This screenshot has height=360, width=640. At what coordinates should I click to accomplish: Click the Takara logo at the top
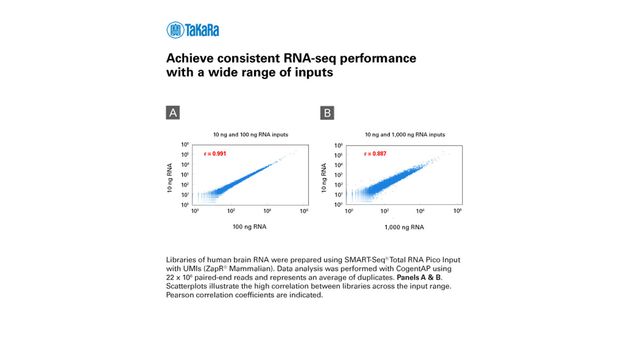[x=193, y=30]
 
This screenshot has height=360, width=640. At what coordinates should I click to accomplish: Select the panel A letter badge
[x=173, y=113]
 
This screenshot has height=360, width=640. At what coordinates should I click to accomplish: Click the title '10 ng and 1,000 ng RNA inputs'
[x=393, y=135]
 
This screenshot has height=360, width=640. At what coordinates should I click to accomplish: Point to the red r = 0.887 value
[x=366, y=154]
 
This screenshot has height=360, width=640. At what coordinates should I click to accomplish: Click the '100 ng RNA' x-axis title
[x=248, y=228]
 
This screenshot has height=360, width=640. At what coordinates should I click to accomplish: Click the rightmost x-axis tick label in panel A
[x=304, y=212]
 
